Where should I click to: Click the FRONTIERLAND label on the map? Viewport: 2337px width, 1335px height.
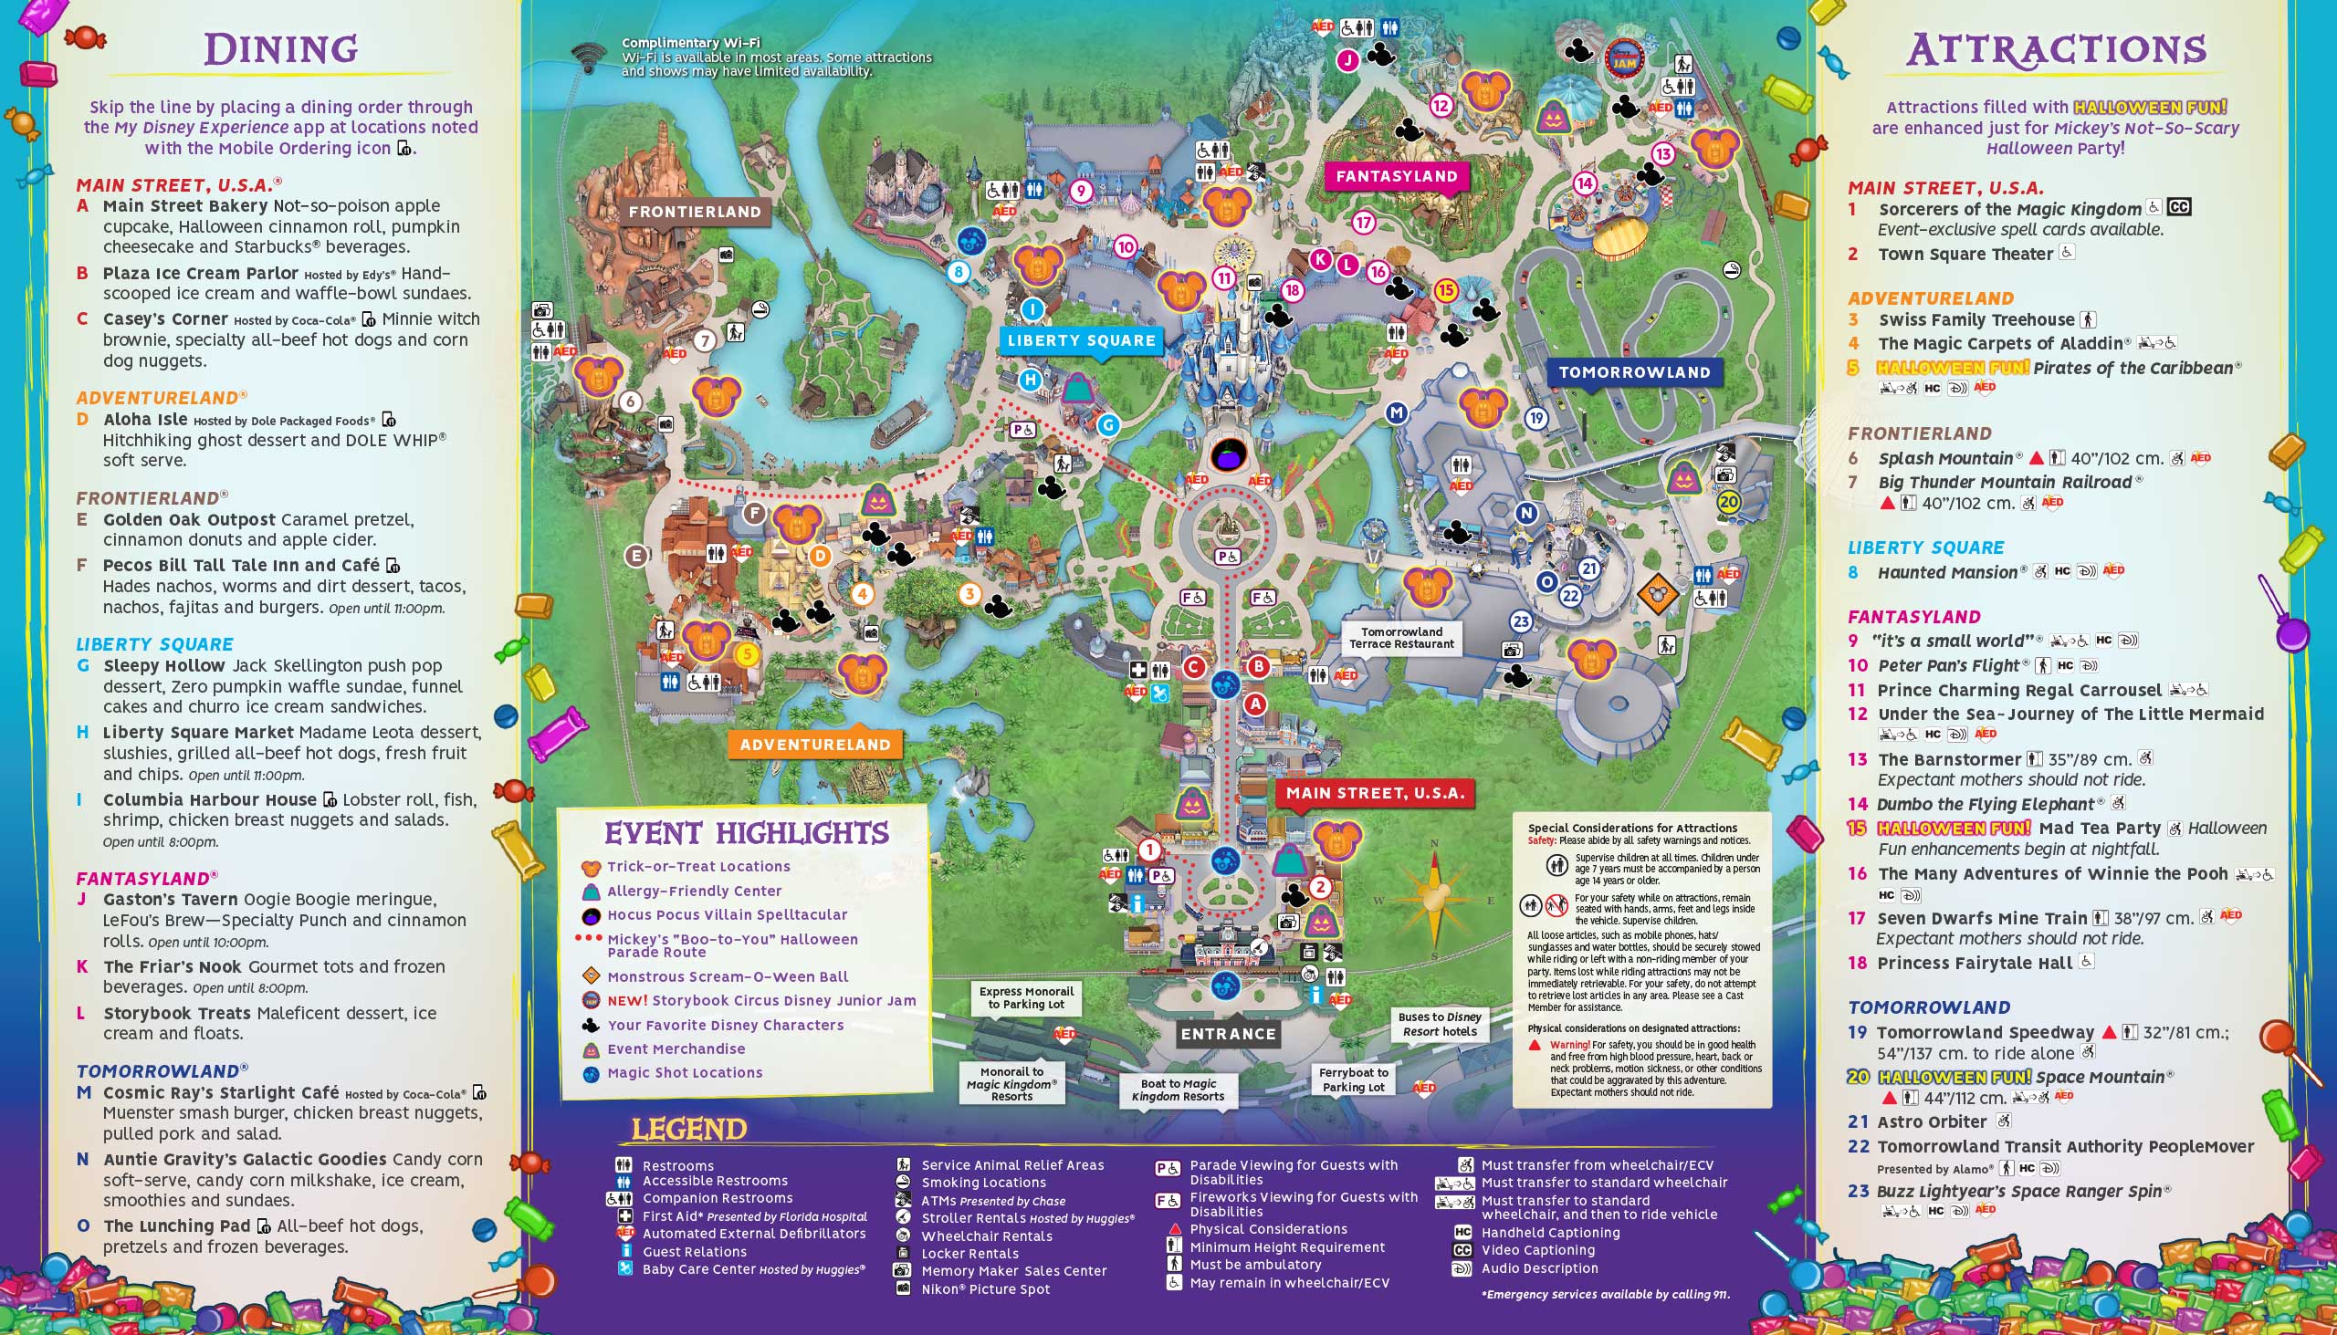[695, 212]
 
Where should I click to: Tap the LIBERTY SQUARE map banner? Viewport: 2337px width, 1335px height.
[1082, 340]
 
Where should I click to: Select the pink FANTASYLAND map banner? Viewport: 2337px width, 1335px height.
[1396, 176]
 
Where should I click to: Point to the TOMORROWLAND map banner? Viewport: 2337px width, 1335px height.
[1634, 372]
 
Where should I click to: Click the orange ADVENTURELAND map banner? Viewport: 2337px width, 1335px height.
[814, 745]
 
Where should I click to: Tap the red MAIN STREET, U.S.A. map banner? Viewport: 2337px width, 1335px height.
[1375, 793]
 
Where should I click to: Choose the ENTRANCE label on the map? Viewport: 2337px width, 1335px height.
[1228, 1033]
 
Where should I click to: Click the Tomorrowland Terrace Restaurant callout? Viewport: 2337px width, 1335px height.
[1401, 637]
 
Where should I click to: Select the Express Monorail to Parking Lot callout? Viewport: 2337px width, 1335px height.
[1025, 997]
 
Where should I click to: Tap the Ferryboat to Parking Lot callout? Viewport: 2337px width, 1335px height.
[1353, 1079]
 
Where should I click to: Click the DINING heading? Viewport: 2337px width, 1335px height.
[280, 49]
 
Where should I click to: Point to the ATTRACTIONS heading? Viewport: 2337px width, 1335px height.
[2056, 49]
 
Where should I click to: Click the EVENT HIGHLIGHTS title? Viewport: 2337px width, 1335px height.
[746, 833]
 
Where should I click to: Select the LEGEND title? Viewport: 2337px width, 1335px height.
[689, 1130]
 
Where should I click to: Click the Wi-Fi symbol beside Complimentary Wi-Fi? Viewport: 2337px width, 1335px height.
[588, 57]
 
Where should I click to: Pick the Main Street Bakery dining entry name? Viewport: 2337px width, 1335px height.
[185, 206]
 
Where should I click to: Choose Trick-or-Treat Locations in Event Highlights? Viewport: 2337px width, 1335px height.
[698, 867]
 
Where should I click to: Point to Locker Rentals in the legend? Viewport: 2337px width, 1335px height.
[969, 1254]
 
